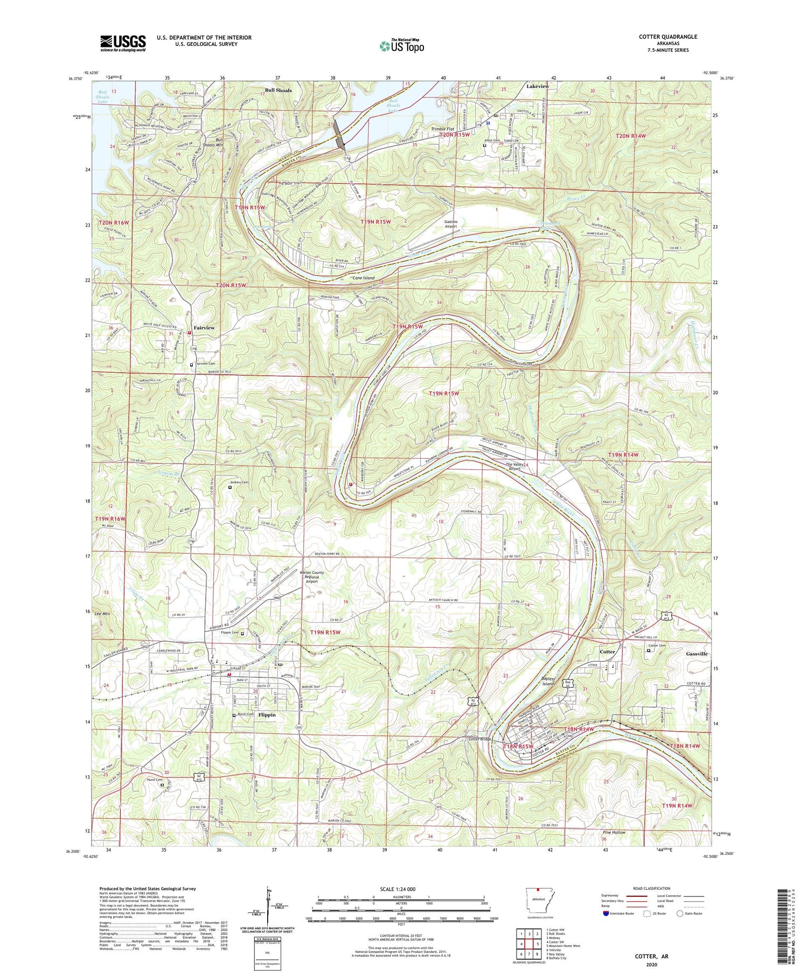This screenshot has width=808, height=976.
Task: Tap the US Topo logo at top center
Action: pyautogui.click(x=401, y=46)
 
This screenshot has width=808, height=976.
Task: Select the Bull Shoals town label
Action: pyautogui.click(x=278, y=90)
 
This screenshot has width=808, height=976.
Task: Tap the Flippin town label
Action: pyautogui.click(x=267, y=715)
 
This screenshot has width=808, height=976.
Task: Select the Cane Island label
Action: pyautogui.click(x=363, y=278)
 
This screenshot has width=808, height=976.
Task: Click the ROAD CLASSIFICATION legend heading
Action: pyautogui.click(x=644, y=888)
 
